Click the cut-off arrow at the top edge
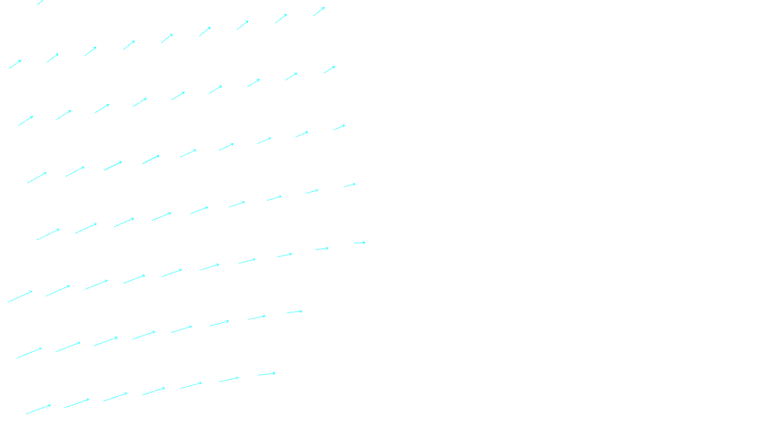click(41, 2)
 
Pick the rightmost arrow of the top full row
click(319, 12)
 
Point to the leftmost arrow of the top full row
click(15, 64)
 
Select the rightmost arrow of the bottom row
click(267, 374)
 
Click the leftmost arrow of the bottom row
click(38, 409)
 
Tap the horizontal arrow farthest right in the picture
click(360, 243)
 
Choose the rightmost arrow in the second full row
click(329, 70)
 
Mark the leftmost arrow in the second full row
click(26, 121)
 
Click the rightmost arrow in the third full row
click(339, 127)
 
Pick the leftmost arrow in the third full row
click(37, 177)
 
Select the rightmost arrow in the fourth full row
click(350, 185)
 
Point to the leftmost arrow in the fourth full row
click(48, 234)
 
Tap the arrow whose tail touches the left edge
click(20, 297)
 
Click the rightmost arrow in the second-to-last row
click(295, 312)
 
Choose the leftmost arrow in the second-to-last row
click(29, 353)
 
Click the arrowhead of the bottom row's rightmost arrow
click(275, 373)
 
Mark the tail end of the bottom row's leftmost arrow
click(26, 414)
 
